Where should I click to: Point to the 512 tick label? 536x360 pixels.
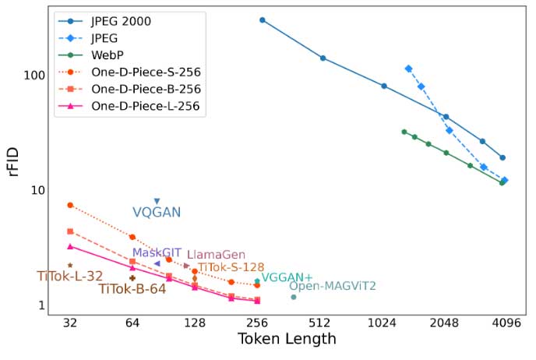point(319,323)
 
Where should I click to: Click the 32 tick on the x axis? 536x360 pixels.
point(70,323)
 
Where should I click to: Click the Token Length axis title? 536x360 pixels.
point(287,340)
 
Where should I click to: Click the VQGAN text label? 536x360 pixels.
point(157,213)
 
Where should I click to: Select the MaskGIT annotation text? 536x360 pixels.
point(157,252)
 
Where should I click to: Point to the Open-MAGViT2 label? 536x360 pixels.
point(333,286)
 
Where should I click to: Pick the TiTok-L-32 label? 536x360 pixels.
point(69,276)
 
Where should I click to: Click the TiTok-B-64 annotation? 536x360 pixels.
point(132,289)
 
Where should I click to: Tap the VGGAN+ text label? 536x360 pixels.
point(287,277)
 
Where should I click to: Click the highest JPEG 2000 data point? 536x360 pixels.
point(263,19)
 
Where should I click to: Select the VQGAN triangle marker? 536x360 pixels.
point(157,201)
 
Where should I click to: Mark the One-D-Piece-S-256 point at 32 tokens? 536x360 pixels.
point(70,205)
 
